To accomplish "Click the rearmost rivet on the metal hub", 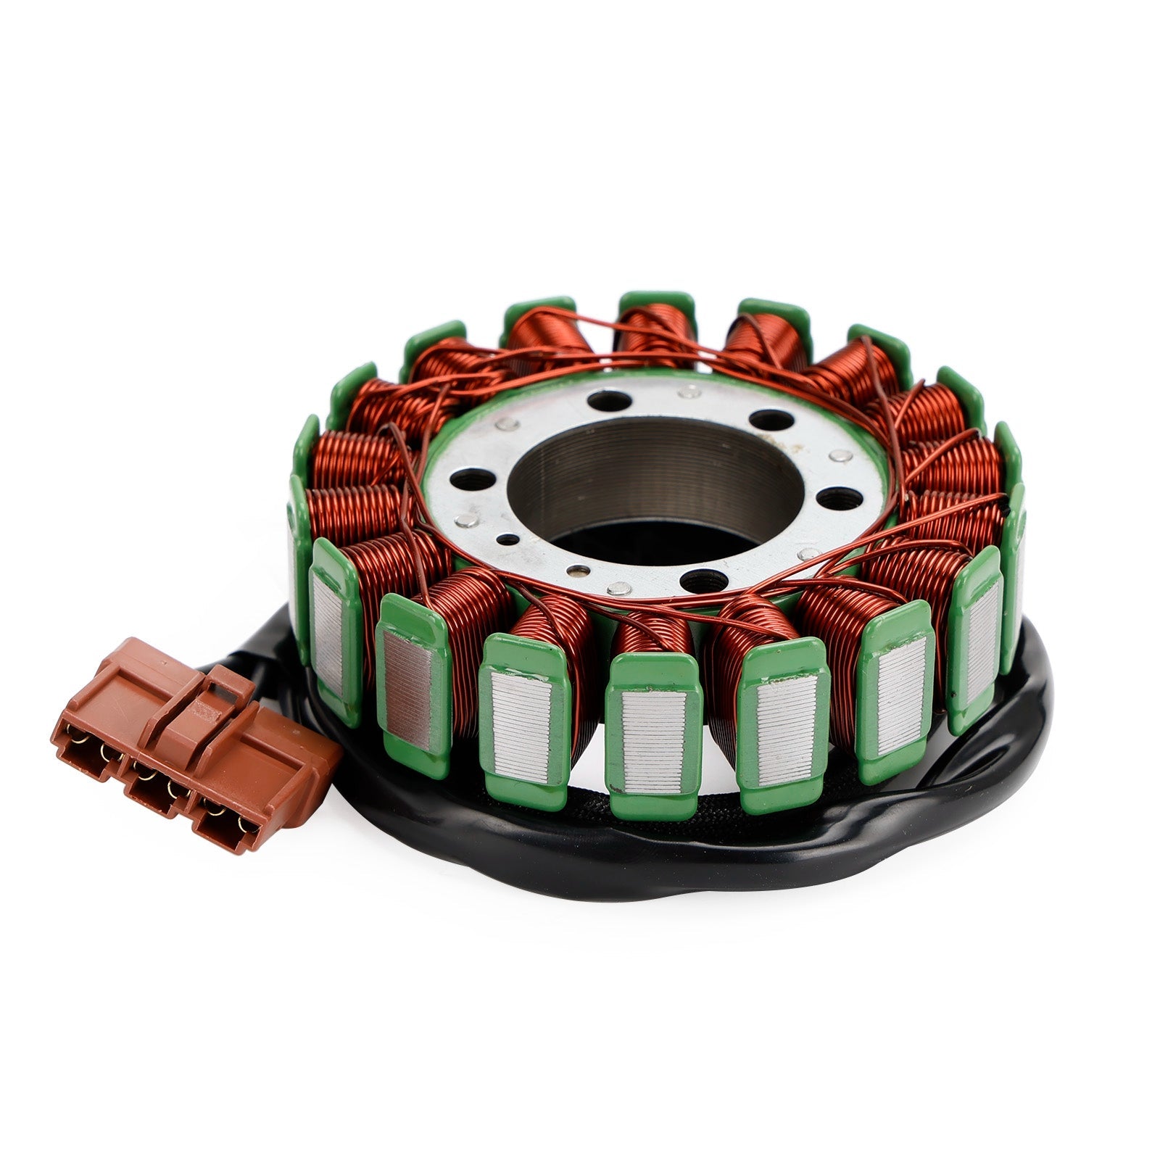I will click(x=687, y=392).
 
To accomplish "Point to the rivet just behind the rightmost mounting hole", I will click(x=840, y=455).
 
